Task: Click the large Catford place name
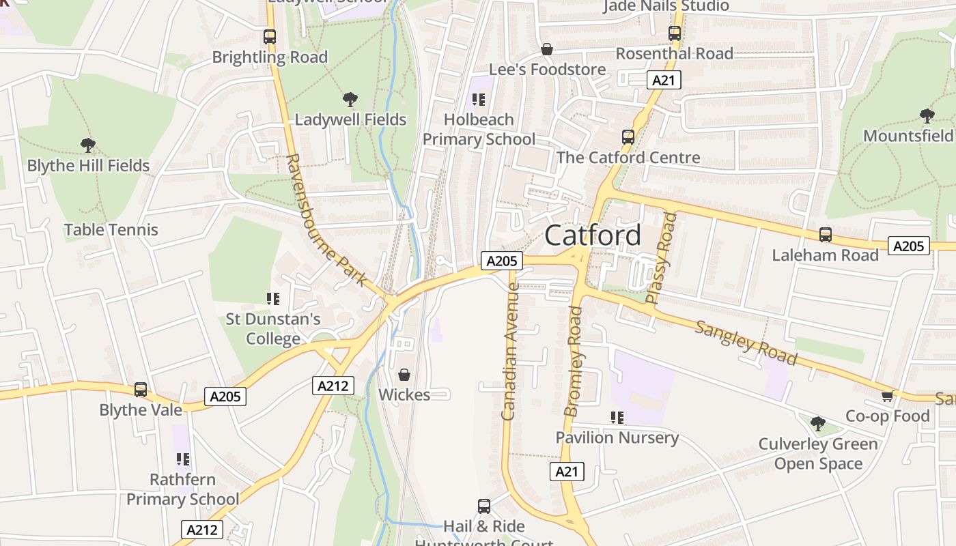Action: click(593, 235)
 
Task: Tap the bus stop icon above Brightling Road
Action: click(270, 37)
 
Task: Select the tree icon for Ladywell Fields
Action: click(350, 100)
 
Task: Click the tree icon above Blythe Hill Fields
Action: click(87, 145)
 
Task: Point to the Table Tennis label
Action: click(111, 230)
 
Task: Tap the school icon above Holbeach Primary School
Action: click(479, 100)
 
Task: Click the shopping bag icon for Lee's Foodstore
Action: click(546, 49)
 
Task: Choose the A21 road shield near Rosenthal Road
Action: click(663, 80)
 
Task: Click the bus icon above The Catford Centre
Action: click(628, 137)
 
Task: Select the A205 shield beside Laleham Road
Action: click(908, 246)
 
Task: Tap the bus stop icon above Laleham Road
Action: click(825, 235)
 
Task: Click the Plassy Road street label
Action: click(661, 258)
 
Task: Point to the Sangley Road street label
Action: click(746, 342)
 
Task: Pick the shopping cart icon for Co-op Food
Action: click(887, 396)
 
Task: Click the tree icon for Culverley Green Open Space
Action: click(817, 424)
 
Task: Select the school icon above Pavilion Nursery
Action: click(617, 417)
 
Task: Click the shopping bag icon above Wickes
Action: click(404, 375)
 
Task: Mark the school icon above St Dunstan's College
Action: click(273, 298)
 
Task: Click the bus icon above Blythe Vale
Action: click(141, 390)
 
